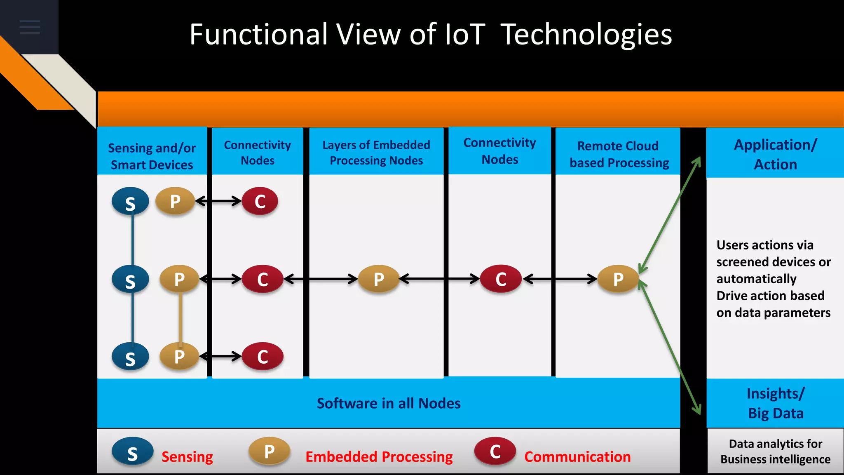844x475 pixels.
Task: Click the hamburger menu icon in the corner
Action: (x=30, y=27)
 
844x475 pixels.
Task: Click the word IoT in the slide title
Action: (x=464, y=34)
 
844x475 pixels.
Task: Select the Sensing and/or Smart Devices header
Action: (x=152, y=156)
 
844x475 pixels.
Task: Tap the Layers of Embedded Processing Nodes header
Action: (x=376, y=153)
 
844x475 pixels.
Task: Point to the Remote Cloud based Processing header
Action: (x=619, y=154)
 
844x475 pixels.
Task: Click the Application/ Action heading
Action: (x=775, y=154)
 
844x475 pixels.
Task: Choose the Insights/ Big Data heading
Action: (x=775, y=403)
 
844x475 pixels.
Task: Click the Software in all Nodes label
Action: (x=388, y=403)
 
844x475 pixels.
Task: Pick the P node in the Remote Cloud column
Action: (x=618, y=279)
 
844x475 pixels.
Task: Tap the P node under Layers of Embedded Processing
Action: (x=379, y=279)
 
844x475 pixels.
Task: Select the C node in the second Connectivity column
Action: (x=501, y=279)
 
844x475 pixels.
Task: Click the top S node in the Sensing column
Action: (x=130, y=202)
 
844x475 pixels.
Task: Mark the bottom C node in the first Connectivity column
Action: (x=263, y=357)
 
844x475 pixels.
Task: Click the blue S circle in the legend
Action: (x=132, y=452)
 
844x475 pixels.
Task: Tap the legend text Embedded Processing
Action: (x=379, y=457)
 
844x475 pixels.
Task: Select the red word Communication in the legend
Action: (x=577, y=457)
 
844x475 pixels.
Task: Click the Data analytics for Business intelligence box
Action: (x=775, y=451)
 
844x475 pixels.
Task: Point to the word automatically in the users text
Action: (x=756, y=279)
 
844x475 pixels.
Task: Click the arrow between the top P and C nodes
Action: (x=218, y=201)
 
